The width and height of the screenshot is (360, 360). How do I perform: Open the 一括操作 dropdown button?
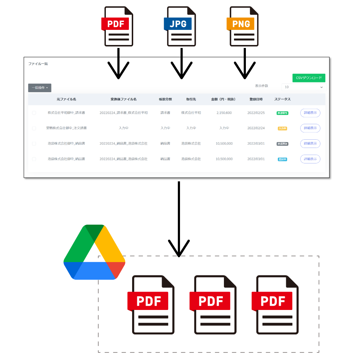click(40, 87)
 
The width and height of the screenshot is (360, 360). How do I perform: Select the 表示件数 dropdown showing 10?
click(305, 87)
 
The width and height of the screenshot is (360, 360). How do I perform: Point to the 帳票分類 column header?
click(165, 99)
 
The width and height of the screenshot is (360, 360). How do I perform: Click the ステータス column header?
click(282, 99)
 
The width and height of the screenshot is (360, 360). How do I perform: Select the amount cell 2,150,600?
click(224, 113)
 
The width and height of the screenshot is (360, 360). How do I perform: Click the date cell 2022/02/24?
click(256, 128)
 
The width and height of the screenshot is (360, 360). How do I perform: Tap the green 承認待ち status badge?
click(282, 113)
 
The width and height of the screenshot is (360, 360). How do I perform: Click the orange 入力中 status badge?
click(282, 129)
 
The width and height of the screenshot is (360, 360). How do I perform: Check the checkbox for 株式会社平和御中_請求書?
click(34, 113)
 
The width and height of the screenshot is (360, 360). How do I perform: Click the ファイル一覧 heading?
click(38, 64)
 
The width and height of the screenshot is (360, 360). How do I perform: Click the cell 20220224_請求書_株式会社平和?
click(123, 113)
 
